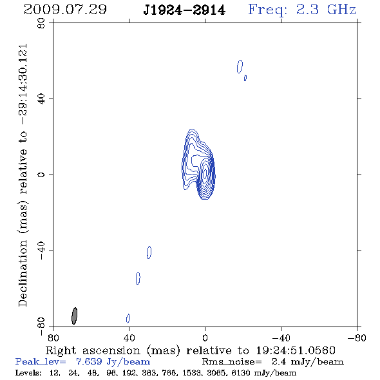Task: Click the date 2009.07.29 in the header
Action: (x=65, y=10)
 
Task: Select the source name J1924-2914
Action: (x=184, y=10)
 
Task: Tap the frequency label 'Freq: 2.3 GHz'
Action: (x=302, y=10)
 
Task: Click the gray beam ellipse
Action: (x=75, y=316)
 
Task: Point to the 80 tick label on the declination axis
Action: (x=41, y=23)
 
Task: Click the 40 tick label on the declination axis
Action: (x=41, y=99)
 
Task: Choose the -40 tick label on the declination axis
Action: (x=41, y=251)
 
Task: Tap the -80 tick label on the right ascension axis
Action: (x=357, y=337)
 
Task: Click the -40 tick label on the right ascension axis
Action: (x=281, y=337)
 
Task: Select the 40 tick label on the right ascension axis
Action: (x=129, y=337)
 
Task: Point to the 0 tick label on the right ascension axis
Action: (x=205, y=337)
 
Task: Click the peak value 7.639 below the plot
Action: (x=89, y=361)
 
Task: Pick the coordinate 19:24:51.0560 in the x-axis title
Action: (x=296, y=350)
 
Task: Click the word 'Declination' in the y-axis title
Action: (x=23, y=273)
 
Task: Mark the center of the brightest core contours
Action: (x=205, y=173)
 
